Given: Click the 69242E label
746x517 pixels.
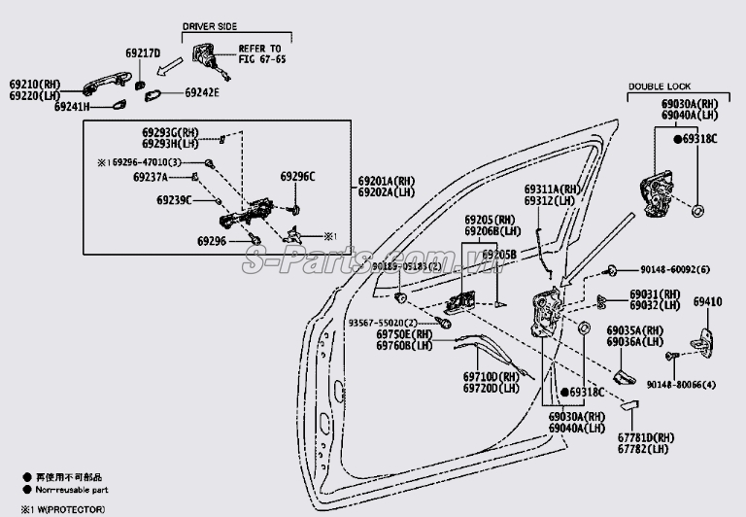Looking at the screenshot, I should [202, 93].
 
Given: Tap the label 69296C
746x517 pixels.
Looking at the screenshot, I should [298, 177].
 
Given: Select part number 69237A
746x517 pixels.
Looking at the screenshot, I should [151, 178].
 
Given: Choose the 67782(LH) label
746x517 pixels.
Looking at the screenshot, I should [647, 449].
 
